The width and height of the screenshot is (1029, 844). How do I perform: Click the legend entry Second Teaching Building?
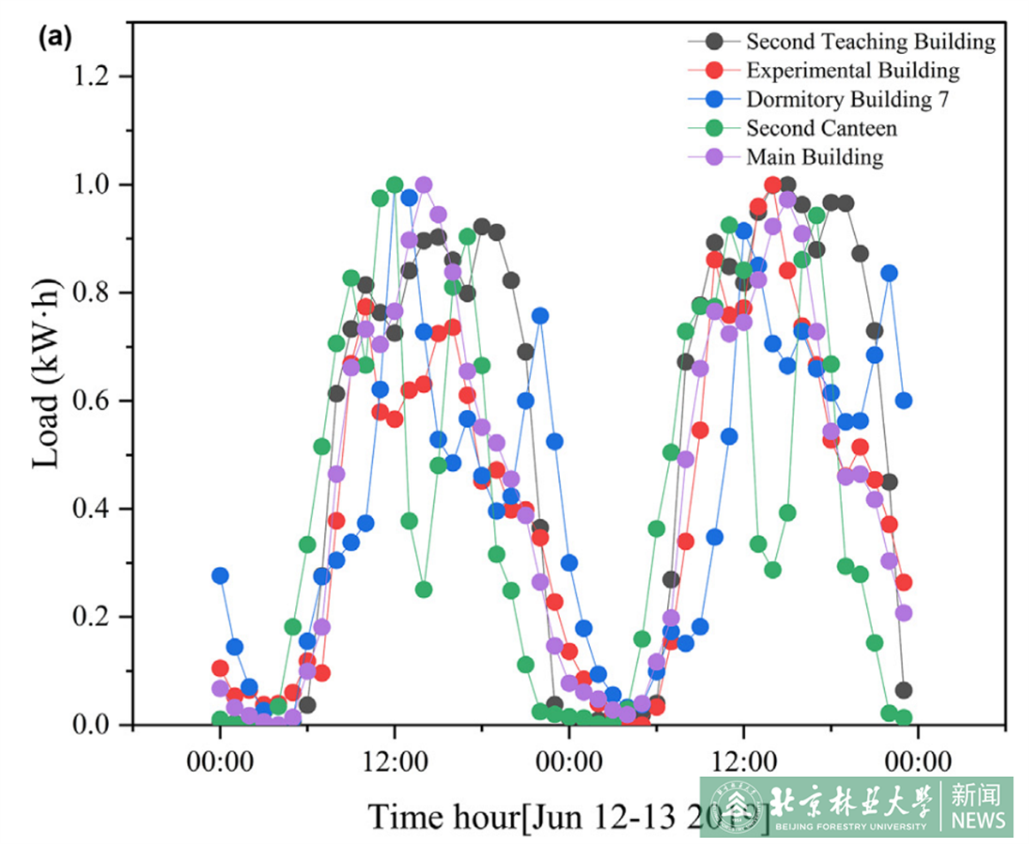[870, 41]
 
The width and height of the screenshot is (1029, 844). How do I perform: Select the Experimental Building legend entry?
[852, 70]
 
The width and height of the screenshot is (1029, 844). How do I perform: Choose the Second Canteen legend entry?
[821, 129]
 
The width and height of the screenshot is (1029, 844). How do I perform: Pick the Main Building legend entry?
[814, 158]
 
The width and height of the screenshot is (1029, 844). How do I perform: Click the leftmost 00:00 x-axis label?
[220, 762]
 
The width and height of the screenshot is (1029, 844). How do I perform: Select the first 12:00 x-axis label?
[394, 762]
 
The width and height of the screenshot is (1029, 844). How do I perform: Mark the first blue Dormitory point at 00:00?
[220, 575]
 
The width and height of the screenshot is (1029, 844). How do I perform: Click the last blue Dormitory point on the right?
[903, 401]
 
